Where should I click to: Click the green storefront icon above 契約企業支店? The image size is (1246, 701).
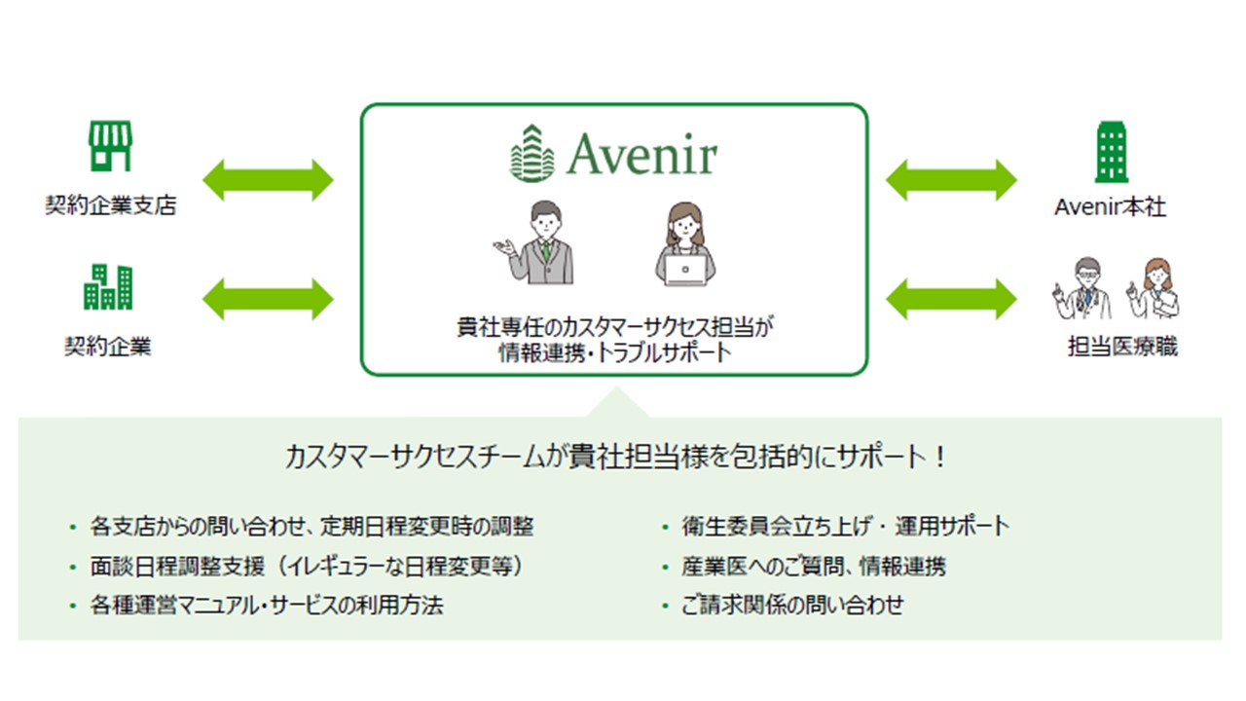[x=111, y=146]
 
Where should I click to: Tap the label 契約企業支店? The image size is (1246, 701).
[x=111, y=205]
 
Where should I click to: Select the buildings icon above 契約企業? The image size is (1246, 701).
[x=108, y=286]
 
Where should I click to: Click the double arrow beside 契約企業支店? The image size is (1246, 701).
[x=268, y=180]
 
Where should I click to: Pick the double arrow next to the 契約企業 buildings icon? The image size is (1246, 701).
[x=268, y=299]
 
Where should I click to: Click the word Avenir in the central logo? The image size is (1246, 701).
[x=642, y=154]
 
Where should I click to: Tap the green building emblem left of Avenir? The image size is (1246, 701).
[x=532, y=153]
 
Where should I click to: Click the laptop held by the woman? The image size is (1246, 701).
[x=685, y=271]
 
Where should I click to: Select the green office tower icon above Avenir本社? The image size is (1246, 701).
[x=1112, y=152]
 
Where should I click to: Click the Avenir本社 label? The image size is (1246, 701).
[x=1111, y=207]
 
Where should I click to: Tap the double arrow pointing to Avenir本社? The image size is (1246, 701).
[x=951, y=180]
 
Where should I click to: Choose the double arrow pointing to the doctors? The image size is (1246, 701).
[x=951, y=299]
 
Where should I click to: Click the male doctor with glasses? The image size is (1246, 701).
[x=1082, y=288]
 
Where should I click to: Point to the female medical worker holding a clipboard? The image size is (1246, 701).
[x=1154, y=288]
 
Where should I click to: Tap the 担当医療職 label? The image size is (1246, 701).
[x=1122, y=346]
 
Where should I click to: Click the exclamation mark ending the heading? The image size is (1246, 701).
[x=940, y=457]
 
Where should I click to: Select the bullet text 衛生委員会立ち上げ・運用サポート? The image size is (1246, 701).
[x=846, y=527]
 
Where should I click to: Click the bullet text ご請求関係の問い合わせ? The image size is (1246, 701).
[x=792, y=605]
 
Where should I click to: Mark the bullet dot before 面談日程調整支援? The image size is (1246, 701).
[x=73, y=568]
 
